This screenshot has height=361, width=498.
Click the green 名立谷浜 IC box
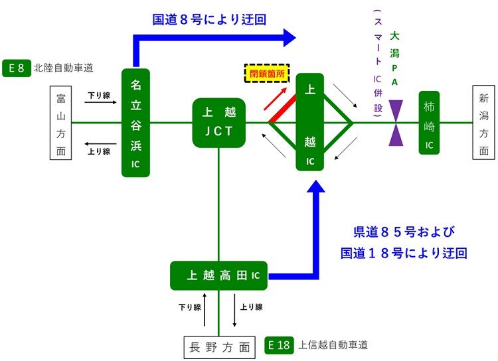coord(135,123)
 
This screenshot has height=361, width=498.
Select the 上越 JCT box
coord(218,123)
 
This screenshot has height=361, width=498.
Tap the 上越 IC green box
coord(309,123)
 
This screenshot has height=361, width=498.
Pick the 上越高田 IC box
coord(219,275)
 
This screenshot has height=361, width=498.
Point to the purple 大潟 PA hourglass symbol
coord(396,123)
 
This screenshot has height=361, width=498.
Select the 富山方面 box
coord(61,123)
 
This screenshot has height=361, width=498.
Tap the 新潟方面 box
coord(483,123)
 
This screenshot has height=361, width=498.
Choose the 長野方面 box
coord(219,346)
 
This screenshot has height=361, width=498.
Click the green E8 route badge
coord(17,68)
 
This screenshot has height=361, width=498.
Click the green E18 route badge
coord(279,345)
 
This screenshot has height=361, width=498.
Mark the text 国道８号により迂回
coord(209,19)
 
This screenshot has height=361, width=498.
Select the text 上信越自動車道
coord(333,345)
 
